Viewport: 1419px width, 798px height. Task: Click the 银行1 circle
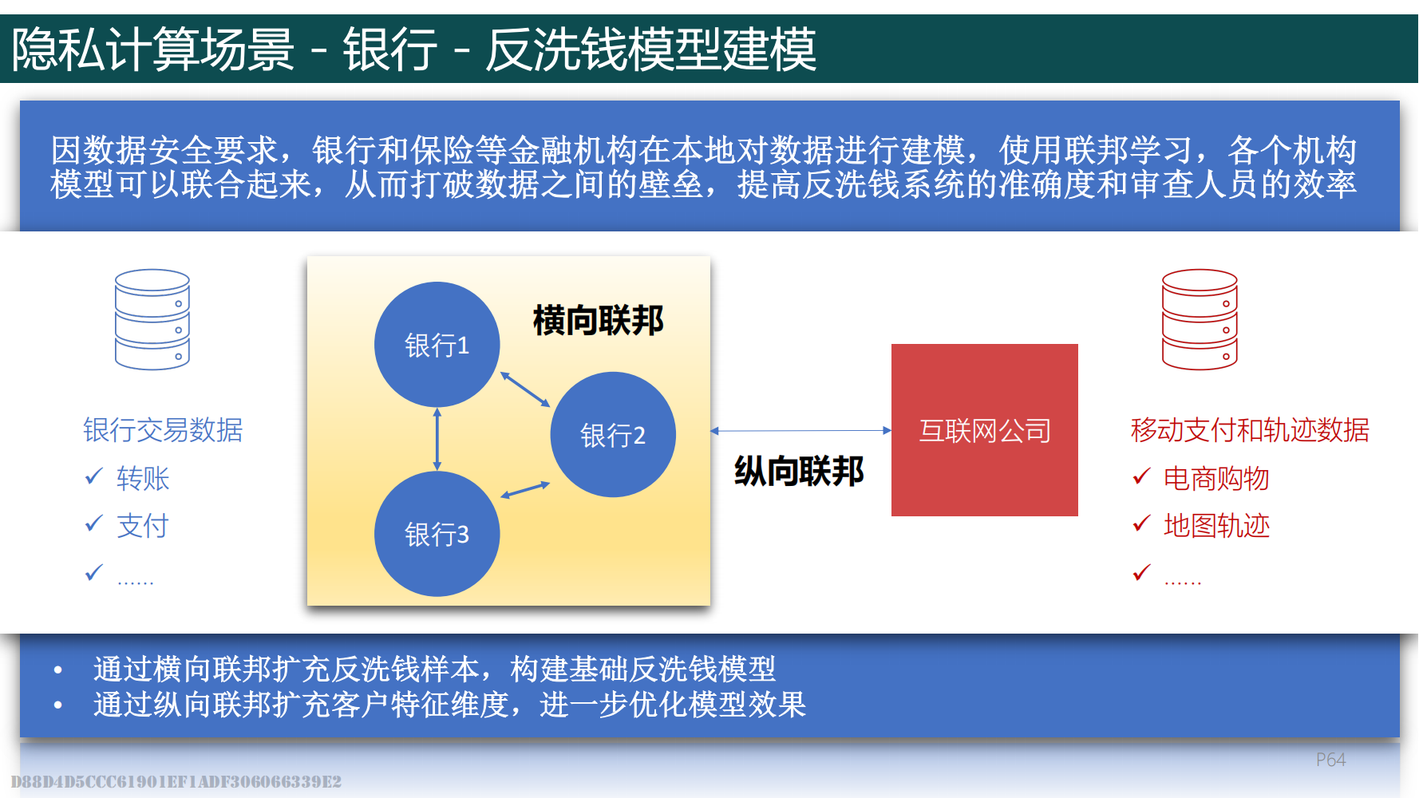(437, 345)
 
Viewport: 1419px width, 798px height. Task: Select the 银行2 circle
(613, 435)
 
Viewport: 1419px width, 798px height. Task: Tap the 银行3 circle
(437, 534)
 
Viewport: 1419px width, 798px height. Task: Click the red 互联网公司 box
(985, 430)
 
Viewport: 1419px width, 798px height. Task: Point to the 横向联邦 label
(599, 321)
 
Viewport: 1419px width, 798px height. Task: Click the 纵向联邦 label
(799, 471)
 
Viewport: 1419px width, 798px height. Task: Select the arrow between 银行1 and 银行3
(437, 439)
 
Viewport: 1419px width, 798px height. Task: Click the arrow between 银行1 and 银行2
(525, 389)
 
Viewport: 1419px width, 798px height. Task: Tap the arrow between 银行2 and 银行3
(525, 490)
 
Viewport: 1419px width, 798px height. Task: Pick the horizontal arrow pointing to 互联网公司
(800, 431)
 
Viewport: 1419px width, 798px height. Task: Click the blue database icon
(152, 319)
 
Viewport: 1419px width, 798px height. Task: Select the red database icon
(1200, 319)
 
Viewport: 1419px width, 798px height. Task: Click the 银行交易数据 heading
(163, 430)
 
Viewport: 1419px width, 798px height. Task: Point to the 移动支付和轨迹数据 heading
(1250, 430)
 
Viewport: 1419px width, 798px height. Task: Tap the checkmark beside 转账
(94, 476)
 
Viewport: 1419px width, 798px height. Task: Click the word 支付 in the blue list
(143, 526)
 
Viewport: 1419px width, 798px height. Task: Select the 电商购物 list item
(1216, 479)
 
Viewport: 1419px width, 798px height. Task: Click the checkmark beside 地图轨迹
(1142, 523)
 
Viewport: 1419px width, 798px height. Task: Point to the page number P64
(1330, 760)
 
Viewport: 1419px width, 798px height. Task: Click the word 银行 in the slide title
(390, 49)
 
